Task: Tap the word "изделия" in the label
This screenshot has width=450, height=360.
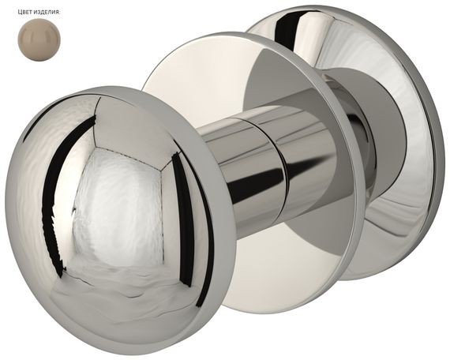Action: [47, 12]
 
